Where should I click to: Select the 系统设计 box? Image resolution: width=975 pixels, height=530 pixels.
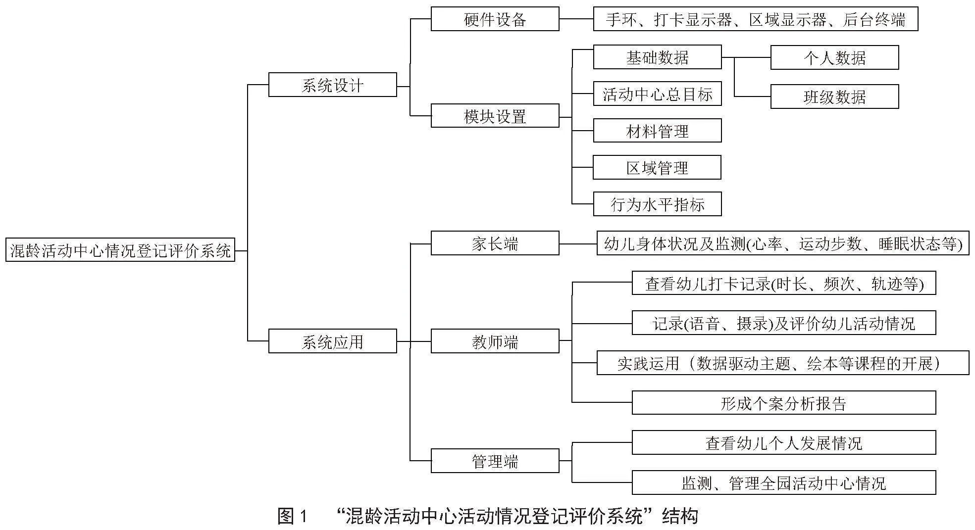tap(332, 85)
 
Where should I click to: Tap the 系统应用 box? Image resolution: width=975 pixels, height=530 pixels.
tap(332, 341)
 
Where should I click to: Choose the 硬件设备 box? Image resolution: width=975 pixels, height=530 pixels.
tap(495, 19)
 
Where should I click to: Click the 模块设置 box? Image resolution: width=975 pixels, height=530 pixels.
tap(495, 116)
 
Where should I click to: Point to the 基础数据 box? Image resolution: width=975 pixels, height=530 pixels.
tap(657, 57)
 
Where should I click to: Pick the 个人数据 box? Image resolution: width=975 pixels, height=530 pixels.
tap(834, 57)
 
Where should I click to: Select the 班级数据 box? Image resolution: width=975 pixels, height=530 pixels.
tap(834, 96)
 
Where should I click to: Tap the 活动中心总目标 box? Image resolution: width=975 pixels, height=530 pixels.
tap(657, 94)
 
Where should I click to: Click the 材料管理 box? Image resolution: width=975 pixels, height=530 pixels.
tap(657, 130)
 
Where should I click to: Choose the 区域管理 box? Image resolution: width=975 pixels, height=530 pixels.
tap(657, 167)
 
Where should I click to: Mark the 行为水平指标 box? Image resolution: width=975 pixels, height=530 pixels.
tap(657, 204)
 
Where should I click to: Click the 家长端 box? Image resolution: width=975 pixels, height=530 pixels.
tap(495, 243)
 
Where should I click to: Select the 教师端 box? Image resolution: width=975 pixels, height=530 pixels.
tap(495, 341)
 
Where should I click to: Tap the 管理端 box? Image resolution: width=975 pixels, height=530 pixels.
tap(495, 461)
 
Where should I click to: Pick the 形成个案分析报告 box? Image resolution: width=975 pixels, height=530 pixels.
tap(784, 402)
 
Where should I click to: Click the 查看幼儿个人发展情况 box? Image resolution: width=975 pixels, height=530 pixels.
tap(784, 442)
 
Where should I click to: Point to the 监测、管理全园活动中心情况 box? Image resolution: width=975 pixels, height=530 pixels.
tap(784, 482)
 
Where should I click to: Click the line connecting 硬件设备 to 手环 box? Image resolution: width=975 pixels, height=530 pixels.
tap(576, 19)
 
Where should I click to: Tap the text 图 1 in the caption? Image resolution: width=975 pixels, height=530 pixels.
tap(293, 516)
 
